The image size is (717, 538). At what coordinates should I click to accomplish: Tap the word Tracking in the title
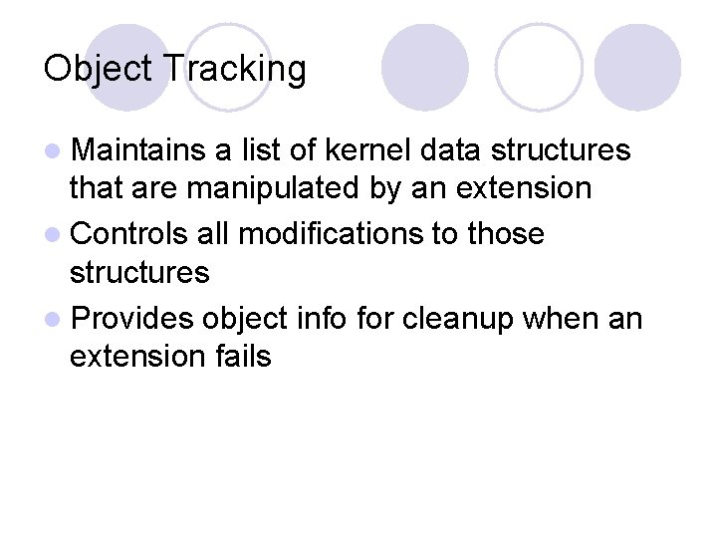point(233,70)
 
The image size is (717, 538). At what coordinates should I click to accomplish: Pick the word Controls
point(130,234)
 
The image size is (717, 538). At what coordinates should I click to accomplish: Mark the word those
point(506,234)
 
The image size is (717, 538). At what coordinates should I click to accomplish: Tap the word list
point(255,150)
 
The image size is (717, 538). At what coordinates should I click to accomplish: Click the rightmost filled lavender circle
point(637,67)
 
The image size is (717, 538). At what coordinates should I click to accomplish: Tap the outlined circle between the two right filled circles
point(539,67)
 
